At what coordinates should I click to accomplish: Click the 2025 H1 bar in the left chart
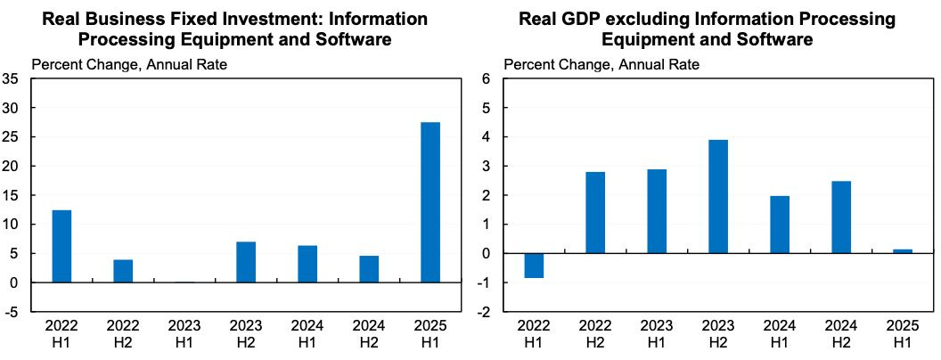pos(430,202)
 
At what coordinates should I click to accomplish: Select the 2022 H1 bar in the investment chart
pos(61,246)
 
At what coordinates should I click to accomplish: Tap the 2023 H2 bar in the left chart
pos(246,262)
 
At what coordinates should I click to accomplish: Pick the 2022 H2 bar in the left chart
pos(123,271)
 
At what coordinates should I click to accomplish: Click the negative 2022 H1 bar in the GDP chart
pos(534,266)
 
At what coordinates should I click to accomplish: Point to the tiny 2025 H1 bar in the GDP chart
pos(903,251)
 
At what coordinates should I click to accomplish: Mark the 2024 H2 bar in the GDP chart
pos(841,217)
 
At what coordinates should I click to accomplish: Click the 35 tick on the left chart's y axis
pos(12,79)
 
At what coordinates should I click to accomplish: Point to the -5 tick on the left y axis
pos(12,313)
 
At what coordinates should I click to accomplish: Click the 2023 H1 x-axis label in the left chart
pos(184,334)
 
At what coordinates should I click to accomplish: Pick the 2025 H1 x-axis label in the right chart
pos(903,334)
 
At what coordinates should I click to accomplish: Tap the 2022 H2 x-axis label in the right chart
pos(595,334)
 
